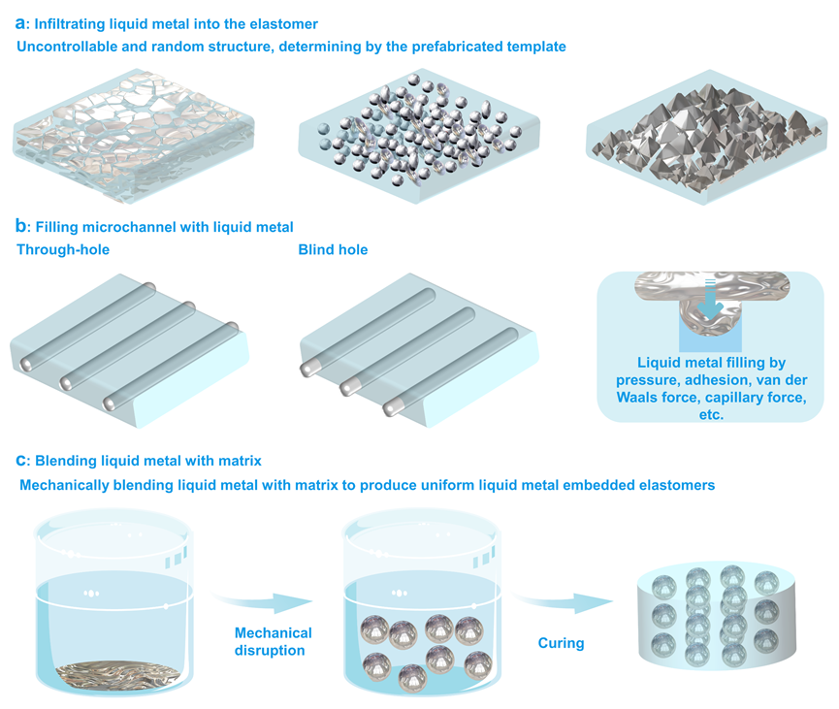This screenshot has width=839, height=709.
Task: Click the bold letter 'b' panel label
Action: (x=21, y=227)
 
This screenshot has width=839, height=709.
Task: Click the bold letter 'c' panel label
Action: (x=21, y=459)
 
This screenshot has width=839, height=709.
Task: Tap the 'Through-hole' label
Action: (x=63, y=249)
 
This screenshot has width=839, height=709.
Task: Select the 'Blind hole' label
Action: (x=333, y=249)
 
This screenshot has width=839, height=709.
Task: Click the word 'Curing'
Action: (x=562, y=643)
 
